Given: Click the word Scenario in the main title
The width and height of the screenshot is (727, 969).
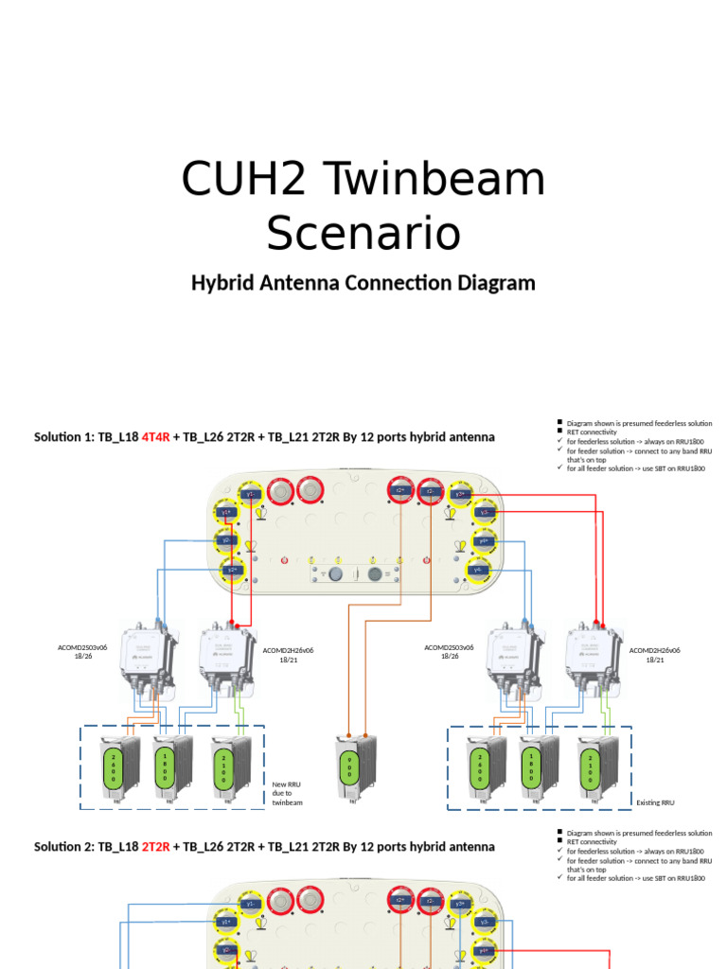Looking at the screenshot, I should click(363, 233).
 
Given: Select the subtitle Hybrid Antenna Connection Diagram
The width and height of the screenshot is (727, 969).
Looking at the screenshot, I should click(363, 283).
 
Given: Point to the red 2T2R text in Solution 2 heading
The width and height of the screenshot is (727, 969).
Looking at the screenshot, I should click(155, 846).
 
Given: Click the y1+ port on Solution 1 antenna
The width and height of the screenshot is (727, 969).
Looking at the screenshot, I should click(227, 512).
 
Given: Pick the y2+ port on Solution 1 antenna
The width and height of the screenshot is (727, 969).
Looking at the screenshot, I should click(230, 571).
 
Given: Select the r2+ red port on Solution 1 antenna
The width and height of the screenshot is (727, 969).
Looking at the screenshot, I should click(399, 491).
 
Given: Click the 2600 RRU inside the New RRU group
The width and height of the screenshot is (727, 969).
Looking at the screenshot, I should click(117, 766).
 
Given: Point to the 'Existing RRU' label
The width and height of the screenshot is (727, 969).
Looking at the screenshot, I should click(655, 802).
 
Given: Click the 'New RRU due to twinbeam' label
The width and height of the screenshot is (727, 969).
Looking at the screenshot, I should click(287, 793).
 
